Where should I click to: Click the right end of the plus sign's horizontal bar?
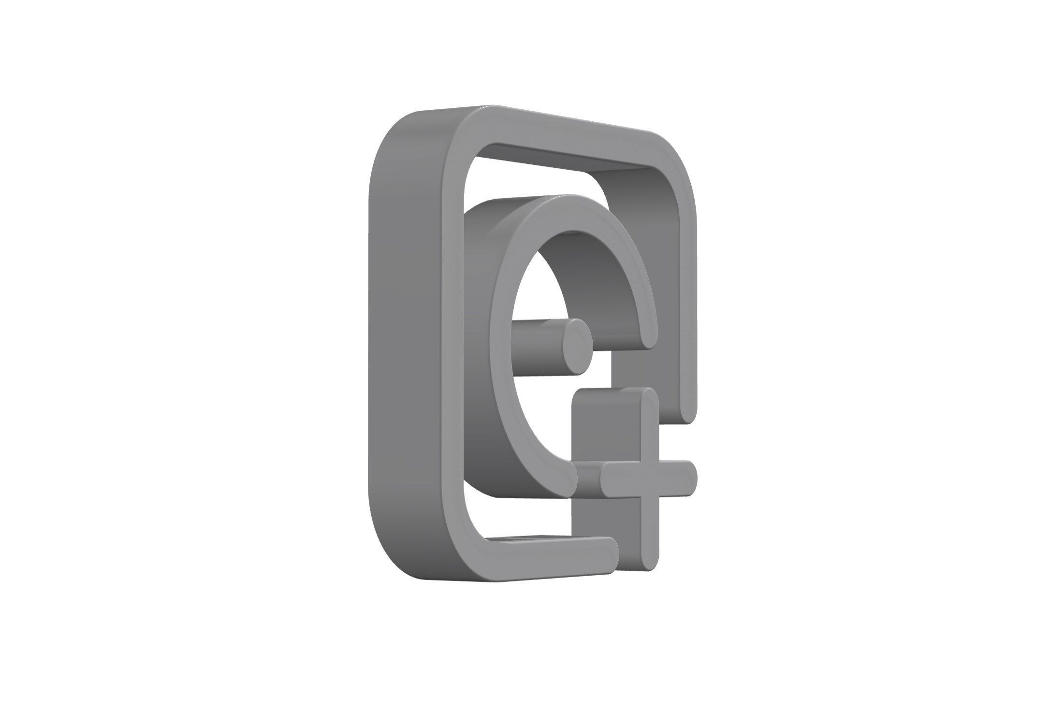click(690, 477)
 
